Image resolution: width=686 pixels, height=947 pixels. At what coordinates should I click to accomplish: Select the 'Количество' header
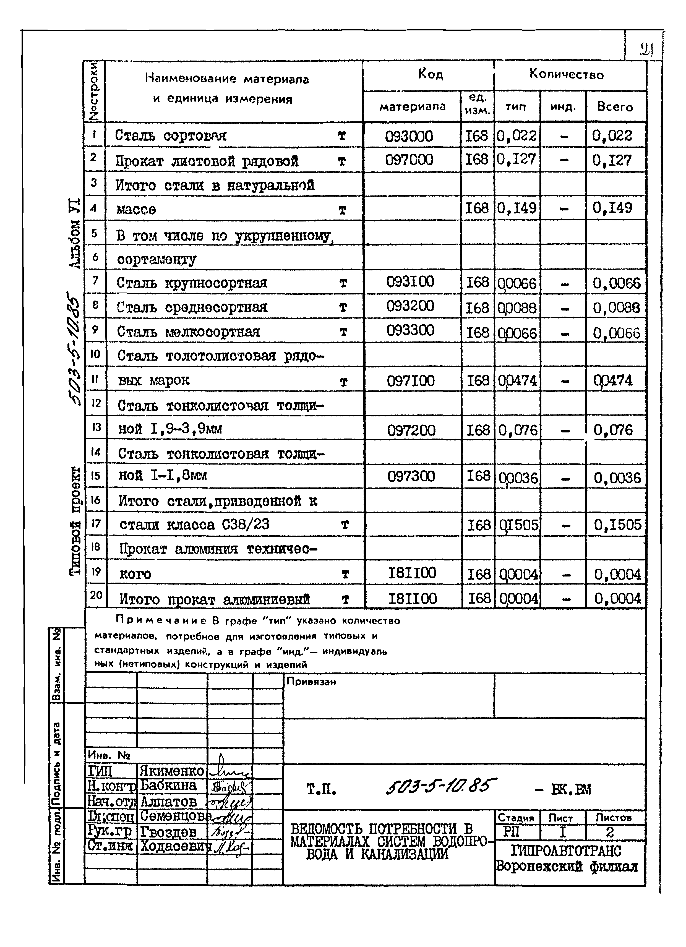[x=566, y=75]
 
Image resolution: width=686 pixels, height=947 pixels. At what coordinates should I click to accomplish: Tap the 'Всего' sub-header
[x=615, y=107]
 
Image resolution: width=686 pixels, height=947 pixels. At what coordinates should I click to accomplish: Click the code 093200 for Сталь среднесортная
[x=410, y=306]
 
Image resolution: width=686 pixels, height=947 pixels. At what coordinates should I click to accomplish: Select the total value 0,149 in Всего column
[x=612, y=208]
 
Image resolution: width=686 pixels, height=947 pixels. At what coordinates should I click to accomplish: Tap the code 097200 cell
[x=411, y=430]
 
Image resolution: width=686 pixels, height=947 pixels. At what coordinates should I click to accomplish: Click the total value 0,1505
[x=617, y=525]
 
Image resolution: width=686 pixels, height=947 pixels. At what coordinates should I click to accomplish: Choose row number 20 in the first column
[x=96, y=594]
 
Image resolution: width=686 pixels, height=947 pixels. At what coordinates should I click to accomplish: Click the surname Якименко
[x=172, y=770]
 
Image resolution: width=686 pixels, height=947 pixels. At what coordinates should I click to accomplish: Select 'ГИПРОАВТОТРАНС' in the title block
[x=566, y=851]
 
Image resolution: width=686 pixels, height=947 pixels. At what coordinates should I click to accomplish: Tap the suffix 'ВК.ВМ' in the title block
[x=571, y=789]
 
